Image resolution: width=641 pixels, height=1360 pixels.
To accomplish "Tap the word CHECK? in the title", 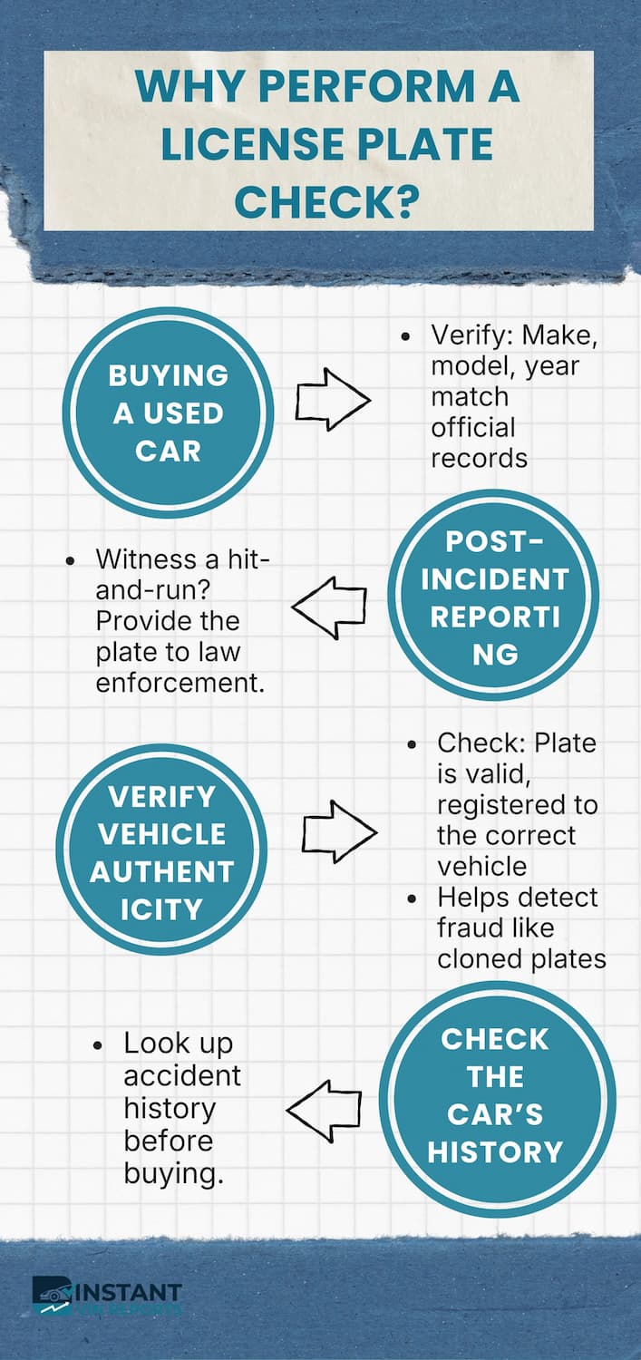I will point(326,200).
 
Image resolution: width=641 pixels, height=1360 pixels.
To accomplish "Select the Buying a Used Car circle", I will point(168,413).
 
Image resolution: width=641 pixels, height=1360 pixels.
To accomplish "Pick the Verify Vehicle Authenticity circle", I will point(162,852).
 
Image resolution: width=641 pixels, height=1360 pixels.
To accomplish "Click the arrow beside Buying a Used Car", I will point(333,399).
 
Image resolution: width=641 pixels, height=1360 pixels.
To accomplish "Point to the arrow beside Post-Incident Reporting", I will point(328,607).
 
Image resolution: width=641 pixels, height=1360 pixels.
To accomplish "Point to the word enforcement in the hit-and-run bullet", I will point(180,684).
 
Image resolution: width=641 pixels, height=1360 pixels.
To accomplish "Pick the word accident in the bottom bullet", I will point(182,1075).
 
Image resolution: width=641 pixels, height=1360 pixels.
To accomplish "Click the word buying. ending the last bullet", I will point(173,1174).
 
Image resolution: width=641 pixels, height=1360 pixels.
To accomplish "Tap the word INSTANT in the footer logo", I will point(136,1292).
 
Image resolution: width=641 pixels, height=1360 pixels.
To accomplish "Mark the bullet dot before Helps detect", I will point(413,899).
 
